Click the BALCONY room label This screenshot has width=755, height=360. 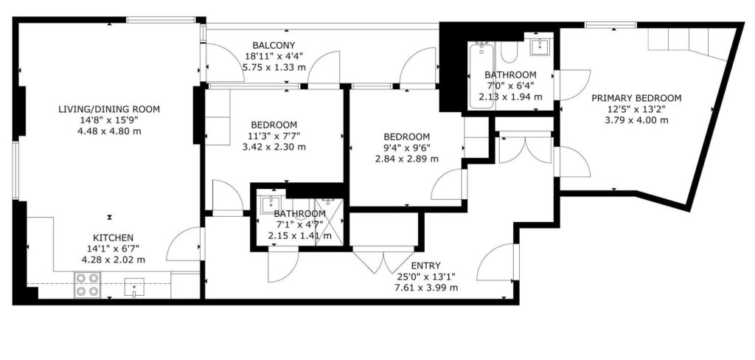(274, 46)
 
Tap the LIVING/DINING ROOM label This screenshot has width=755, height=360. (109, 109)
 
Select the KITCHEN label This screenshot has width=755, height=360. (113, 238)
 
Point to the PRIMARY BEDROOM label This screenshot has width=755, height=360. (636, 98)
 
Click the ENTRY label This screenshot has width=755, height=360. (425, 266)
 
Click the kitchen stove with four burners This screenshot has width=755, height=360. (87, 285)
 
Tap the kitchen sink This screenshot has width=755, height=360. (134, 287)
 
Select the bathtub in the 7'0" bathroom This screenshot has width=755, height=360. (481, 77)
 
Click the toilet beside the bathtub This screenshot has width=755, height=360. (509, 52)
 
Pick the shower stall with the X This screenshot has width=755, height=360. (330, 222)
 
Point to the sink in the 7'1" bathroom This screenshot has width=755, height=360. (271, 205)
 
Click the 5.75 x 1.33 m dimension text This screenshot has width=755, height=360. (274, 67)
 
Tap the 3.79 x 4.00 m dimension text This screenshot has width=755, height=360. (636, 120)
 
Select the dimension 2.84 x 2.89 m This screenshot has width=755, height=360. (407, 158)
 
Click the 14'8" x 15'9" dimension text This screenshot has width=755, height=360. (109, 120)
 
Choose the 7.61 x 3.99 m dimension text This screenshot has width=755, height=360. (425, 288)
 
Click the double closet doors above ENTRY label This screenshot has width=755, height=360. (383, 260)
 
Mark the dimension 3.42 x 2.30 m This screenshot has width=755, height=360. (274, 147)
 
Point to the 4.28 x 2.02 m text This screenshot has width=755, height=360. (113, 260)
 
